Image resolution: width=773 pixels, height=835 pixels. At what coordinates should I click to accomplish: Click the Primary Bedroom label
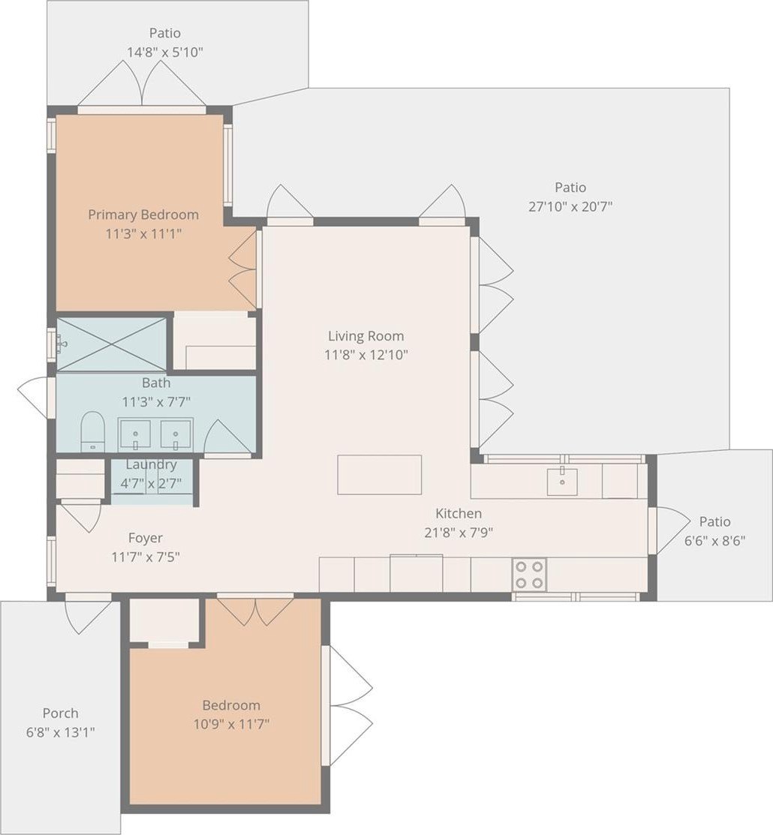point(143,215)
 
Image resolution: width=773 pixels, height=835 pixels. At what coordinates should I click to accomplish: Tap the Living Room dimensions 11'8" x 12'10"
point(366,355)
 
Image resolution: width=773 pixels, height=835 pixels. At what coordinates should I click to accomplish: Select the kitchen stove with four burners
point(529,575)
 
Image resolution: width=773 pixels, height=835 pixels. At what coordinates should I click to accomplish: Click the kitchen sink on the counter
point(562,482)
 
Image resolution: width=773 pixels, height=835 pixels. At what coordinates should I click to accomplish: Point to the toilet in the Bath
point(93,431)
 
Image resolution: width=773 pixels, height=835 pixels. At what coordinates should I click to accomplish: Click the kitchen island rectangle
point(379,474)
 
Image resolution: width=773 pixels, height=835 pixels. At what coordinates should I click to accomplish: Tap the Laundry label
point(152,464)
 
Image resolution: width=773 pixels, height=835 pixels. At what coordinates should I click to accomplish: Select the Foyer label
point(146,538)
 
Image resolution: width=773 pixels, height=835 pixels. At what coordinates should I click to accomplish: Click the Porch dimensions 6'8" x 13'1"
point(61,732)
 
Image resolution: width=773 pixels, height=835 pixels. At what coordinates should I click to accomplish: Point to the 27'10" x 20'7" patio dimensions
point(570,206)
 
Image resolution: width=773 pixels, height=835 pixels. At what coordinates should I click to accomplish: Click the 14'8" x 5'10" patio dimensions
point(165,53)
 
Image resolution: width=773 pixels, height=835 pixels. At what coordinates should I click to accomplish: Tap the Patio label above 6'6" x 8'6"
point(715,521)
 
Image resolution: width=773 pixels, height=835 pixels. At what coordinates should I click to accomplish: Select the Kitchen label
point(459,513)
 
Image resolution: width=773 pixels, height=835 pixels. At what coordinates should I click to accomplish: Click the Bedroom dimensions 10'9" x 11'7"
point(231,724)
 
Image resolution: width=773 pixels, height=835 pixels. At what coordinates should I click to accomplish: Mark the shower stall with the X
point(111,344)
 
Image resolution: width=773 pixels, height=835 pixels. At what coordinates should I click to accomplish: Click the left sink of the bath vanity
point(135,434)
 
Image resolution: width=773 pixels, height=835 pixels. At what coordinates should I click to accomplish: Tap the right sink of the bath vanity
point(176,434)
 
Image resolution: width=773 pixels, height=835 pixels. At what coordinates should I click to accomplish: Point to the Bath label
point(156,383)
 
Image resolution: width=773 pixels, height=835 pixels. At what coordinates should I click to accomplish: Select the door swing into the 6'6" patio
point(673,530)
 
